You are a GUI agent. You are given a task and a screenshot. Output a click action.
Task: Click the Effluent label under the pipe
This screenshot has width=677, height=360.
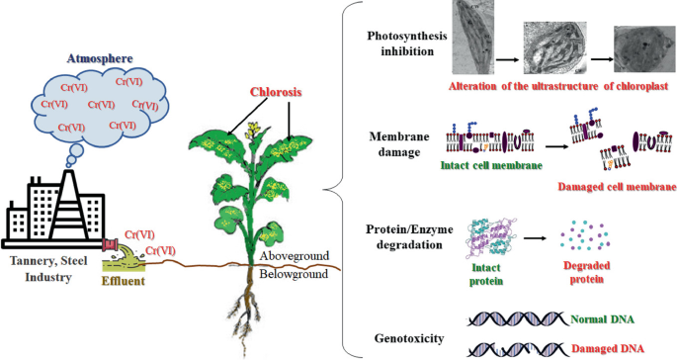tap(125, 281)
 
